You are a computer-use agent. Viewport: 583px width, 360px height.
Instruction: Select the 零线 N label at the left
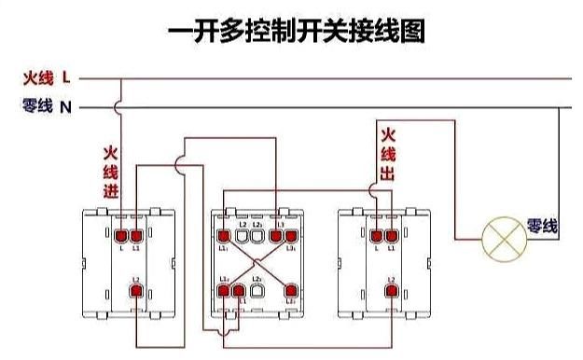[47, 107]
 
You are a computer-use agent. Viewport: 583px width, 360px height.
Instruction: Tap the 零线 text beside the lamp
[542, 227]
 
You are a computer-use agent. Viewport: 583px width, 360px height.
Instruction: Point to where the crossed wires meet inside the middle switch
[257, 266]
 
